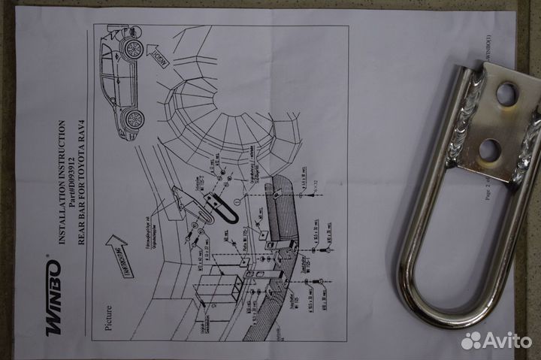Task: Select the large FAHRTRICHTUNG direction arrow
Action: pos(120,253)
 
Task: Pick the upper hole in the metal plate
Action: pos(506,93)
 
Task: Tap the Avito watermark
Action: pos(497,340)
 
